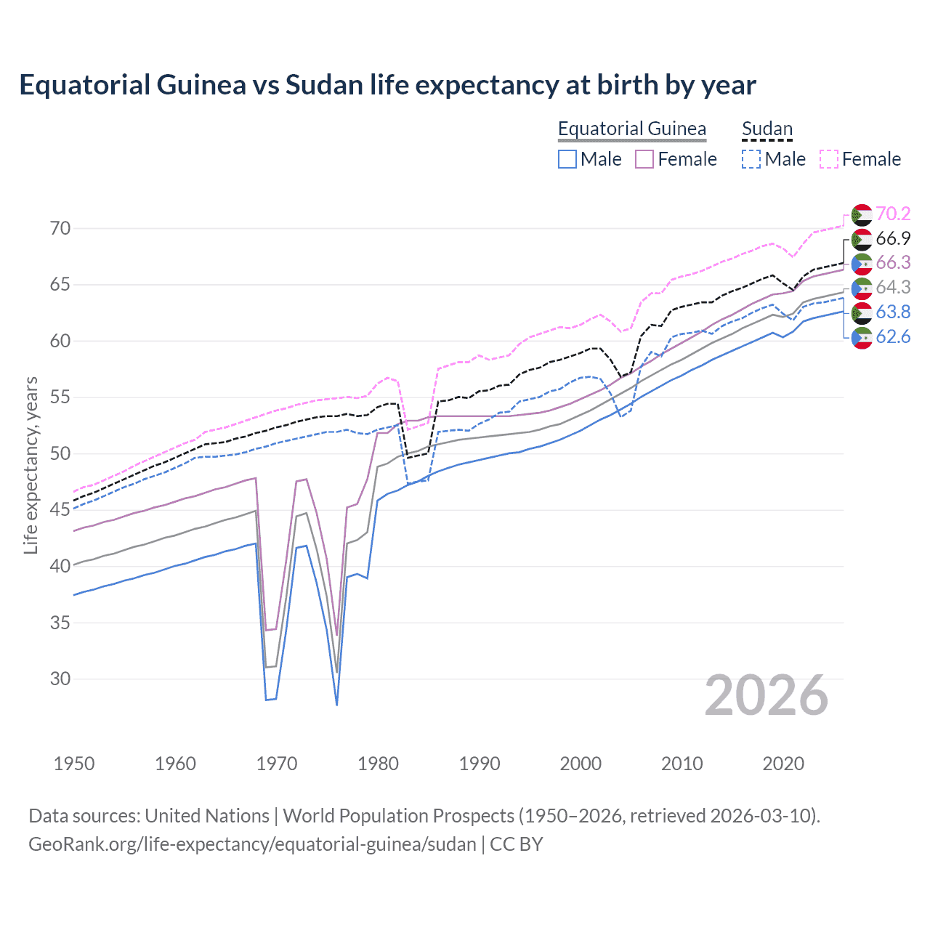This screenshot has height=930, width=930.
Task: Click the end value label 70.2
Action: pos(893,214)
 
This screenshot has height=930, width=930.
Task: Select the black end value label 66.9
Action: pos(893,238)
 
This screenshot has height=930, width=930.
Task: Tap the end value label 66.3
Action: pos(893,262)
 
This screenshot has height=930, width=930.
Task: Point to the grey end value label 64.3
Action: pos(893,287)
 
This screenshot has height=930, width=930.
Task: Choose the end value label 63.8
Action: pos(893,312)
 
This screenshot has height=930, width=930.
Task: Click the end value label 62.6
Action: pos(893,336)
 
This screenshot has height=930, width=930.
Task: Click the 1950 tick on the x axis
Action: pos(74,764)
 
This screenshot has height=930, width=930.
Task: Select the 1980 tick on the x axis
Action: pos(378,764)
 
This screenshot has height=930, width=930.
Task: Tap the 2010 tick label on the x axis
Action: pos(682,764)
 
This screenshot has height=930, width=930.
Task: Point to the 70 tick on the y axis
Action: pos(60,228)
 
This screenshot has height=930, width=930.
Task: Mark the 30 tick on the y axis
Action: pos(60,679)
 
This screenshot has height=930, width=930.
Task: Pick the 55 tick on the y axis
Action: pos(60,397)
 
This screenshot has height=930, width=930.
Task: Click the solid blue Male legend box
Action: pos(567,159)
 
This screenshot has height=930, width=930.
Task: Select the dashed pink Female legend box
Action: pos(829,159)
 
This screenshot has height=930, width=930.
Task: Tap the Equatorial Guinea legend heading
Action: pos(631,129)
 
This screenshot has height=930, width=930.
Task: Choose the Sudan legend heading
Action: pos(767,129)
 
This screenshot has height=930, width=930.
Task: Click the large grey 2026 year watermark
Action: pos(767,695)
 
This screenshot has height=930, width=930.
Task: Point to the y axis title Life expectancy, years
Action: pos(31,465)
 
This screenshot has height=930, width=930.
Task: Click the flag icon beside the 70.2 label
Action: pos(862,214)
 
